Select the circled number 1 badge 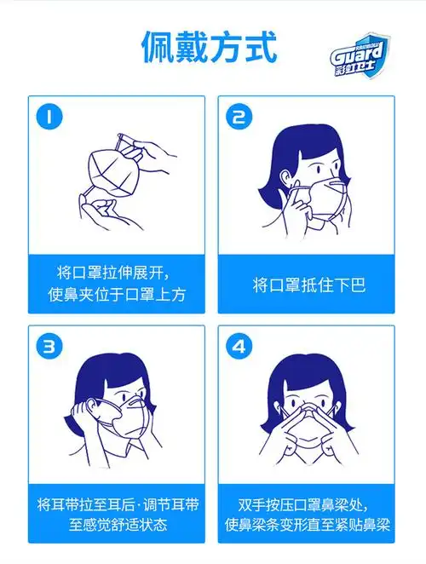click(x=49, y=118)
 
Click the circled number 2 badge click(x=239, y=118)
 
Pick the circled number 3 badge click(x=49, y=346)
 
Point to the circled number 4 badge click(x=239, y=346)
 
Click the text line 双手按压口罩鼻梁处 click(x=308, y=502)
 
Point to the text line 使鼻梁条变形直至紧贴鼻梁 click(x=308, y=524)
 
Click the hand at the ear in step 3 click(x=83, y=413)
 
